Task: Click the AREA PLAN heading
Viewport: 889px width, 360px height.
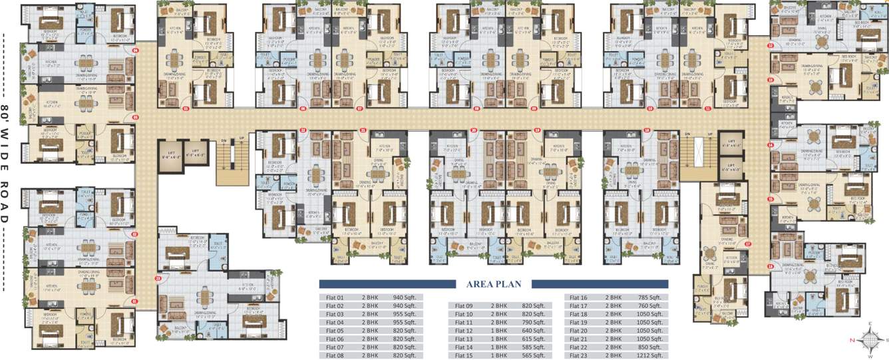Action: click(494, 284)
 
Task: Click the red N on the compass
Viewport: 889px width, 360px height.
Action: click(851, 339)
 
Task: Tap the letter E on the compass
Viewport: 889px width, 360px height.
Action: click(869, 323)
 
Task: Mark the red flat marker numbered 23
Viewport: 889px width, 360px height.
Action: click(158, 278)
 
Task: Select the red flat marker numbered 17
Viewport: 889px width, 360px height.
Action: click(748, 244)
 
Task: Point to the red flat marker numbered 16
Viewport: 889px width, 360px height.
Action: click(771, 267)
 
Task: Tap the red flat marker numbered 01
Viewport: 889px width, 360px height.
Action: click(134, 301)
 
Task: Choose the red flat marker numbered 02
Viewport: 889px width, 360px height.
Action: click(134, 234)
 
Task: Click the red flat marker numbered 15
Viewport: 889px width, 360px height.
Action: click(771, 199)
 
